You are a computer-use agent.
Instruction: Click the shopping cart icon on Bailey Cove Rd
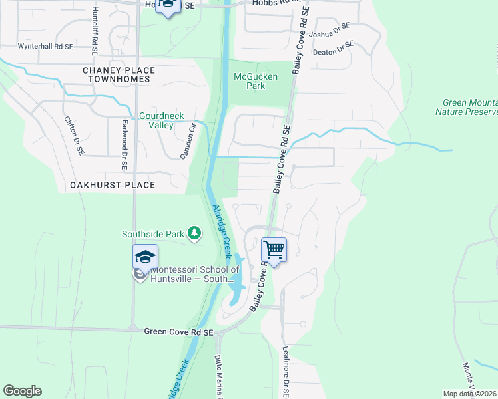tap(274, 250)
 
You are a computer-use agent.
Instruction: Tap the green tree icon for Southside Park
tap(194, 233)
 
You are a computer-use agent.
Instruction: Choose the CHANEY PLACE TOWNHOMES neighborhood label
tap(119, 74)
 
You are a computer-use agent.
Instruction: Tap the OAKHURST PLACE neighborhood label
tap(113, 185)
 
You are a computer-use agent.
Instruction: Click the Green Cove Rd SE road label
tap(178, 331)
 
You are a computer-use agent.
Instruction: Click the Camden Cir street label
tap(188, 142)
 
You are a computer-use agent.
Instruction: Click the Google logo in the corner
tap(22, 391)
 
